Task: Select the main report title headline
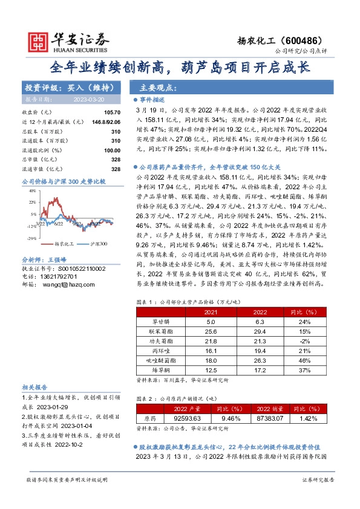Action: coord(180,66)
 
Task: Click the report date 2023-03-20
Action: coord(90,99)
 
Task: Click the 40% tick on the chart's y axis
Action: coord(31,191)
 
